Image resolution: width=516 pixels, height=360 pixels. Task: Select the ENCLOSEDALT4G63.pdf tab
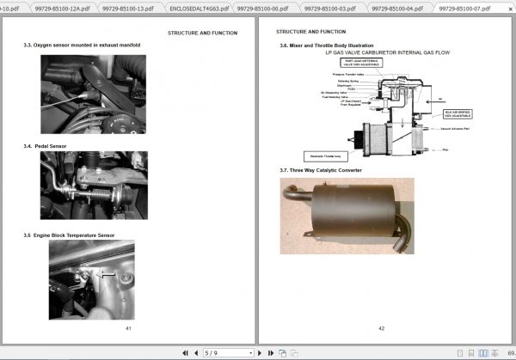[199, 8]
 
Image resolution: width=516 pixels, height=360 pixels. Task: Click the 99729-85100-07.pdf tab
[464, 8]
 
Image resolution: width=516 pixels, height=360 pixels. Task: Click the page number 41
[128, 328]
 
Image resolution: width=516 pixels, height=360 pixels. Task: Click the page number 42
[381, 328]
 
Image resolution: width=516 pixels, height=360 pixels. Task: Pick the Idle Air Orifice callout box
[459, 113]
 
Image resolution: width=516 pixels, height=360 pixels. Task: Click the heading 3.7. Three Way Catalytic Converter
[321, 170]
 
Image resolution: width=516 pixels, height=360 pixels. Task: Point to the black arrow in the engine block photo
[107, 274]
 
